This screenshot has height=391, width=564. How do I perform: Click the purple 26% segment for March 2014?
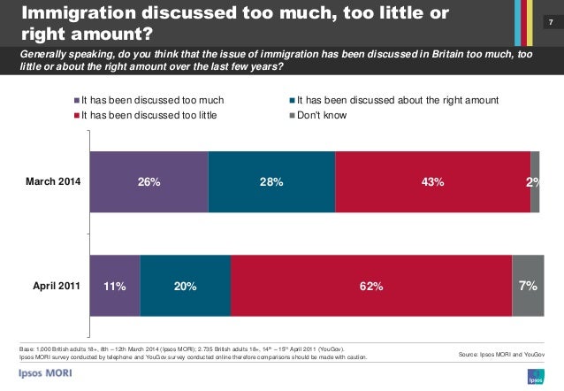click(149, 182)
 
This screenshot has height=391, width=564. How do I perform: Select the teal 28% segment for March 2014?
click(271, 182)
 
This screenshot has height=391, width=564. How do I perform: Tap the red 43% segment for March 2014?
click(432, 182)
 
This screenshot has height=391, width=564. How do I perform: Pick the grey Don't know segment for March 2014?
click(535, 182)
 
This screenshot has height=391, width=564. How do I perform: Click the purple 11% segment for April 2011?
click(115, 286)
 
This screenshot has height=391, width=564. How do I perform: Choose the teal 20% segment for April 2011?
click(185, 286)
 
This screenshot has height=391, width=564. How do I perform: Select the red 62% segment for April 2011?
click(370, 286)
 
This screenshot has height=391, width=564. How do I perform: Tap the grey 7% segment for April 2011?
click(528, 286)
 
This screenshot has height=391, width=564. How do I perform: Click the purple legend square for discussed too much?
click(76, 101)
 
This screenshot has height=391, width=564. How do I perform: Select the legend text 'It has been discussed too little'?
click(149, 115)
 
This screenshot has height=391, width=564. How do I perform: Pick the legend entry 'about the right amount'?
click(398, 101)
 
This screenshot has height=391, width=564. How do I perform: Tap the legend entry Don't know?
click(322, 115)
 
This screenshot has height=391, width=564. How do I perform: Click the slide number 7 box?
click(550, 20)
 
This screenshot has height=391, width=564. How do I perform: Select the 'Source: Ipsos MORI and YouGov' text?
click(502, 354)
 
